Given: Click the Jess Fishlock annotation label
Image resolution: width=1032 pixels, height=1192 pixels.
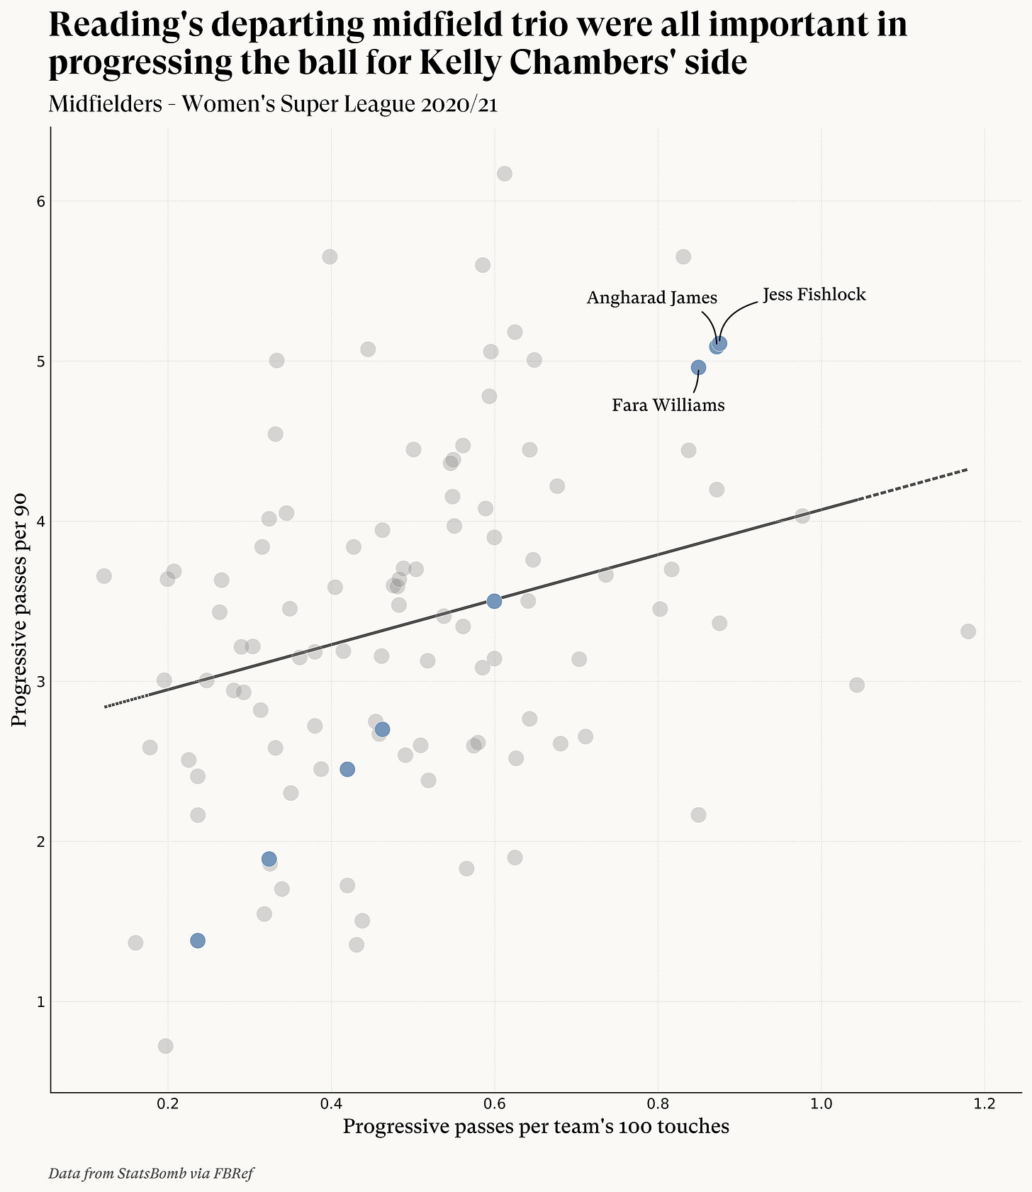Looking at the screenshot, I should [814, 294].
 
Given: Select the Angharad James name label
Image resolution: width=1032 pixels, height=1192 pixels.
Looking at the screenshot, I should [651, 298].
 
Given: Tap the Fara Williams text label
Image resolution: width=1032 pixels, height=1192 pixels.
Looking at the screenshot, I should [668, 405].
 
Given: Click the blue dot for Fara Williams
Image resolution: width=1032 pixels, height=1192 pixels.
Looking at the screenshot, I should [698, 367].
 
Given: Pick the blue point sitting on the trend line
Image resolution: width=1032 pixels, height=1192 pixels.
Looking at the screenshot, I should [494, 601].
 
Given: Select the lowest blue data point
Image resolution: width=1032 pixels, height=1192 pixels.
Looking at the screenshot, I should [198, 940].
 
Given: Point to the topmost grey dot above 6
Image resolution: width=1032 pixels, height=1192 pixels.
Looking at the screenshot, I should [505, 174].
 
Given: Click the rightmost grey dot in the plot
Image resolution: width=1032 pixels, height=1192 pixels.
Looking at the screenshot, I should [968, 631].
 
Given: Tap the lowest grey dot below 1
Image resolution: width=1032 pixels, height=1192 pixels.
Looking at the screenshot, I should [165, 1046].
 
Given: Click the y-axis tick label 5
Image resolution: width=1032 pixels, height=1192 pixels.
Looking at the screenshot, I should [40, 361].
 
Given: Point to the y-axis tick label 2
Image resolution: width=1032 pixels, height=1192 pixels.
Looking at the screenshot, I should [40, 842].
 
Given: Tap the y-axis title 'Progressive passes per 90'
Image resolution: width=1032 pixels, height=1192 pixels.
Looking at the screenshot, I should [21, 609].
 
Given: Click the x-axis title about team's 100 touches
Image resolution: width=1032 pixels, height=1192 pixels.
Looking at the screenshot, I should [536, 1127].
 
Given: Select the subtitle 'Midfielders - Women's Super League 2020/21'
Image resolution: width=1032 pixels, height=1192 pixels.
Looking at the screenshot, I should [273, 104].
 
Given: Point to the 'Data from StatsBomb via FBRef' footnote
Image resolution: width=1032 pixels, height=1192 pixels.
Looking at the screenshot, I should [151, 1174].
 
